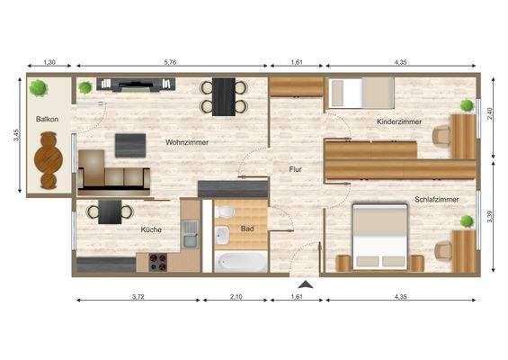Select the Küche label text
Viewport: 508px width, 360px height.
[x=151, y=229]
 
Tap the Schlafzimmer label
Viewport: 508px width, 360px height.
[x=435, y=199]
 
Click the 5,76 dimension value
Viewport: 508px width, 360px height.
[x=170, y=63]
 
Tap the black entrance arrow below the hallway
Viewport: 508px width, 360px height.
[x=306, y=285]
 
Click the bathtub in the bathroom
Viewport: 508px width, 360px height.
[x=241, y=261]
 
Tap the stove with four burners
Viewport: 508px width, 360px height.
[x=160, y=262]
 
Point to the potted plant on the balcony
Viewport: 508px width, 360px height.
[x=38, y=88]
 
